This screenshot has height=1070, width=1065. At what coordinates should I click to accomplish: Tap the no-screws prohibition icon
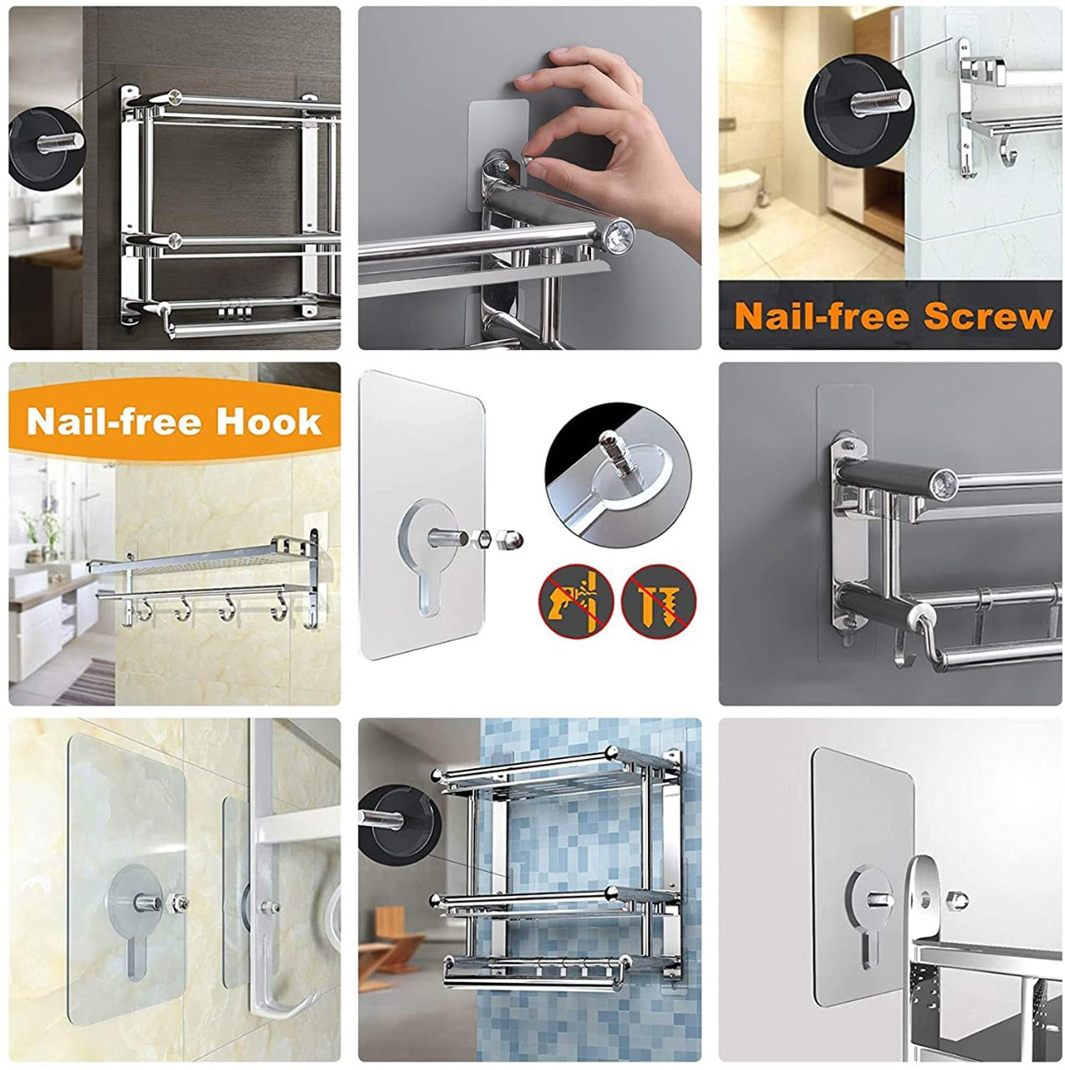point(659,599)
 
